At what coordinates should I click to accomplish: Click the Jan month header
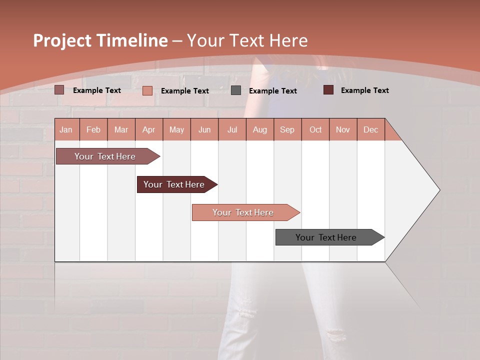(66, 129)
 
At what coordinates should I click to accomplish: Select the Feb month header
(93, 129)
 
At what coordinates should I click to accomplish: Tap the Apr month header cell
(149, 129)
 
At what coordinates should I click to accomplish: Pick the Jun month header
(204, 129)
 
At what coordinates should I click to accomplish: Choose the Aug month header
(260, 129)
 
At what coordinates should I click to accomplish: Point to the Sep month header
(287, 129)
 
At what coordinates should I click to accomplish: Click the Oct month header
(315, 129)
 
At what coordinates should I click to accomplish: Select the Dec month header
(371, 129)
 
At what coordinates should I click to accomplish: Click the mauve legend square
(59, 90)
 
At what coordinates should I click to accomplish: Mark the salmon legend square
(147, 90)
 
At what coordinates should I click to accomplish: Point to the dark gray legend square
(236, 90)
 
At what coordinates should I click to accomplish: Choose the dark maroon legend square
(328, 90)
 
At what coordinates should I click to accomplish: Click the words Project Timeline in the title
(100, 40)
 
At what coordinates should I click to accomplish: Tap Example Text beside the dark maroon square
(364, 90)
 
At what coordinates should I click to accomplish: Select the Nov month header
(343, 129)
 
